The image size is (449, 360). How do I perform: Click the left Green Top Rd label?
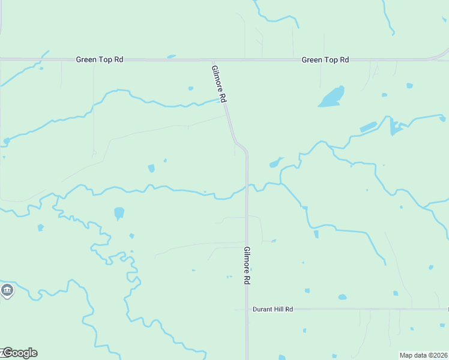(100, 60)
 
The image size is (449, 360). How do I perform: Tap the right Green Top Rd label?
(325, 60)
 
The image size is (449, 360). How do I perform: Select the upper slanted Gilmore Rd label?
(219, 83)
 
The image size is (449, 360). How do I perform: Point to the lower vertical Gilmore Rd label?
(247, 265)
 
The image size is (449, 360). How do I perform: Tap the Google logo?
(20, 353)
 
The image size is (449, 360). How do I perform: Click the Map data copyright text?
(424, 355)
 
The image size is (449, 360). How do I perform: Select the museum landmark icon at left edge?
(7, 292)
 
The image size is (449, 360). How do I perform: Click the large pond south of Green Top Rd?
(331, 97)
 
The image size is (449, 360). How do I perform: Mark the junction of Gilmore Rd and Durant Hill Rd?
(247, 310)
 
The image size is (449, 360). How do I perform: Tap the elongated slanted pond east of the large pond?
(368, 127)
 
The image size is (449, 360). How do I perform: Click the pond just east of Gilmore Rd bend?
(276, 163)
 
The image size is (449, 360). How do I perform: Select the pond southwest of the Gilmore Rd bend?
(151, 168)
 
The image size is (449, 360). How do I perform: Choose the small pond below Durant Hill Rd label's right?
(342, 297)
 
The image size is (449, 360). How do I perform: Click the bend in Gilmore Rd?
(241, 146)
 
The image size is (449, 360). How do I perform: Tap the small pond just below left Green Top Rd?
(172, 57)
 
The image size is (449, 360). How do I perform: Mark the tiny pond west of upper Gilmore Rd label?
(191, 88)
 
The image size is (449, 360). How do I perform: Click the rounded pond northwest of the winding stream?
(119, 213)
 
